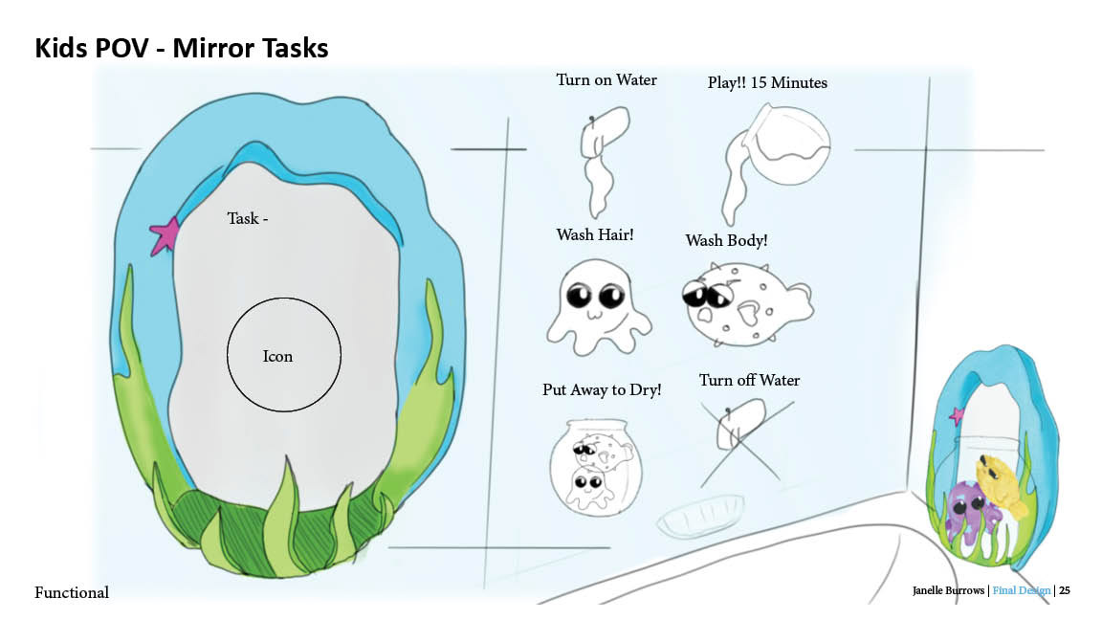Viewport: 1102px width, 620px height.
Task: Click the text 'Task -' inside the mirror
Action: (247, 219)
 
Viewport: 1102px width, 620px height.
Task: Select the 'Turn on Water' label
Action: (606, 80)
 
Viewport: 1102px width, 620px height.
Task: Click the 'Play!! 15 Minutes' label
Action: (767, 83)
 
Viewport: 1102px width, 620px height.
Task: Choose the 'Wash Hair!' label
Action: (594, 234)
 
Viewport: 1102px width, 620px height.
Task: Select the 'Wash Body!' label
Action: (726, 240)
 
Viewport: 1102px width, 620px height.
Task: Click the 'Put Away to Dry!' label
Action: (602, 390)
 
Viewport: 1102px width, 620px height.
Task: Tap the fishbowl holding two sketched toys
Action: (596, 467)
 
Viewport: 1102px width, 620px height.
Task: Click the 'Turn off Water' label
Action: (749, 381)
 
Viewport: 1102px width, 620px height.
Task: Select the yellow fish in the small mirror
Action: (999, 484)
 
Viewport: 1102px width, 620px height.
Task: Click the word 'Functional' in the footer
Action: (72, 593)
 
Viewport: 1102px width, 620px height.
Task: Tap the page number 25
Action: (1064, 591)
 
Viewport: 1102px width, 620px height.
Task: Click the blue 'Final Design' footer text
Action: (1021, 591)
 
